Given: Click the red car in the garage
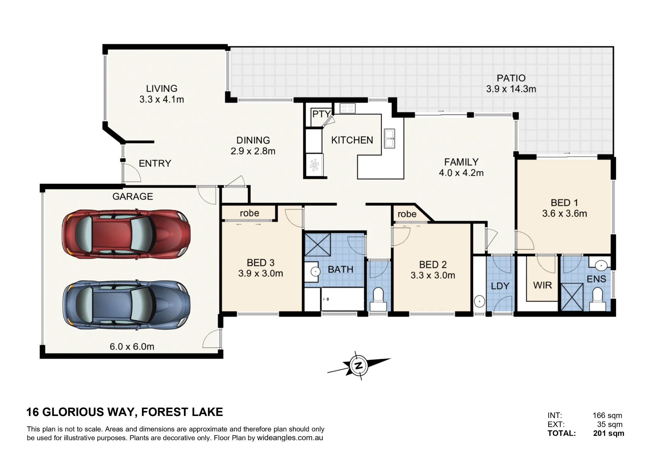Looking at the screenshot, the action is coord(126,234).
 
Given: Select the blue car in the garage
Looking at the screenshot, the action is coord(126,305).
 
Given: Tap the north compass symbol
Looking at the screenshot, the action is coord(359,366).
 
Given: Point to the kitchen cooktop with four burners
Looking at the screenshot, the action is coord(347,108).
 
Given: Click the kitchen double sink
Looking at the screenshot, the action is coord(389,139).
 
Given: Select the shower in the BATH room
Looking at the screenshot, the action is coord(318,244).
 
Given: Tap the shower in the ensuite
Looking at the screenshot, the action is coord(572,297).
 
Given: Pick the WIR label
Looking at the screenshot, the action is coord(542,285).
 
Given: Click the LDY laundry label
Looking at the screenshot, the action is coord(500,286).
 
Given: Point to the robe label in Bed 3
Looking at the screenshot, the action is coord(250,213).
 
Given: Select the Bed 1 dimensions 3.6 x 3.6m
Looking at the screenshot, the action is coord(564,213).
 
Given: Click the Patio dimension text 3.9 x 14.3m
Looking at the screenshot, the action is coord(511,89).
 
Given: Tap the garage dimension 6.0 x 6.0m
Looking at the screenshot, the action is coord(132,346).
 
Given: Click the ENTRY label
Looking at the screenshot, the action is coord(155,163).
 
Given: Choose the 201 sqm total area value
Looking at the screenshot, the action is coord(609,433).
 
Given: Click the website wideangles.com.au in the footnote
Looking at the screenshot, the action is coord(290,438).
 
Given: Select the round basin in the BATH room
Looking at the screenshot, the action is coord(315,271).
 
